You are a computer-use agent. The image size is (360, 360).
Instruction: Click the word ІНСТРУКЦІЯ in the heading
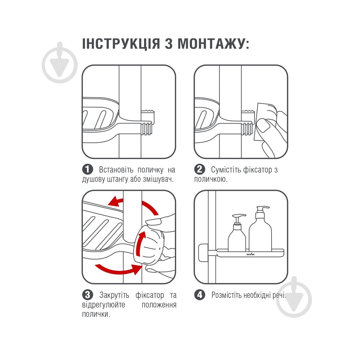121,44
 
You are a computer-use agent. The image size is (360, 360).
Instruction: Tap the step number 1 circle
88,169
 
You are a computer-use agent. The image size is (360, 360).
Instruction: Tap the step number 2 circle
200,169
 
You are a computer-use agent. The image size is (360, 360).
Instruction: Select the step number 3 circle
88,295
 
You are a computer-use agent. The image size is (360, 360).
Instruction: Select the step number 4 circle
200,295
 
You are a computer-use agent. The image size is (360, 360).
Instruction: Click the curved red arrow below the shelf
117,269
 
